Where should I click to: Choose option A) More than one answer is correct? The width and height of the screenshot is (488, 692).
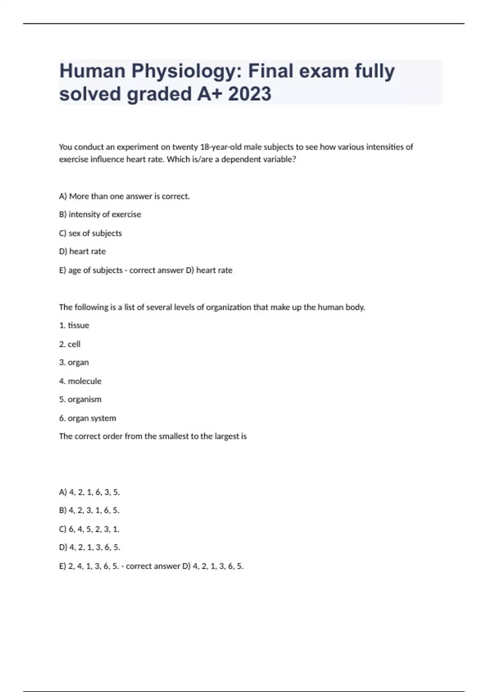point(124,196)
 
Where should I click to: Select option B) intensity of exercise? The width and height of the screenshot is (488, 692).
point(100,215)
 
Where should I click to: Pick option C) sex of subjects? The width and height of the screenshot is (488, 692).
point(90,233)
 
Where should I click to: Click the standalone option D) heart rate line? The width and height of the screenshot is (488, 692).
point(82,252)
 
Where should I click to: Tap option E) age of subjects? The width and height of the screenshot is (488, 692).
point(91,270)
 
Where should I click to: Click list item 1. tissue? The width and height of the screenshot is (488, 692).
point(74,325)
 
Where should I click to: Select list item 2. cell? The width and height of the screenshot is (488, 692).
point(70,344)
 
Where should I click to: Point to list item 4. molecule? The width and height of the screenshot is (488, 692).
point(80,381)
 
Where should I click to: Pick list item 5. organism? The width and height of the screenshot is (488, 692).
point(80,399)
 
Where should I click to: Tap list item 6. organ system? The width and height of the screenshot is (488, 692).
point(87,418)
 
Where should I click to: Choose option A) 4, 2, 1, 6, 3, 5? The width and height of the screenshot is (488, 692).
point(89,492)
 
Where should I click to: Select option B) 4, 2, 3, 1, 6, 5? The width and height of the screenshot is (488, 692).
point(89,510)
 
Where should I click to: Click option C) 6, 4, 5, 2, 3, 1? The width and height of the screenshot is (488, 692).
point(89,529)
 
